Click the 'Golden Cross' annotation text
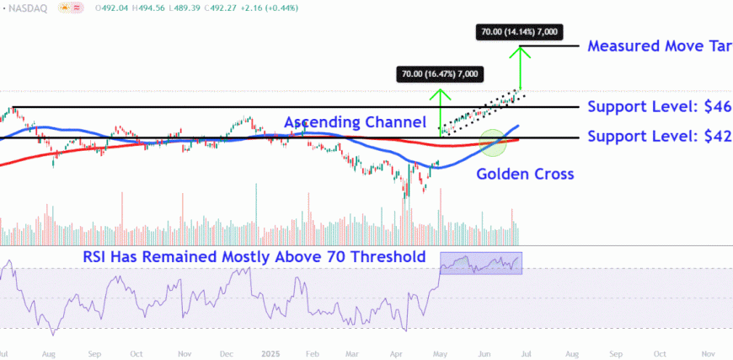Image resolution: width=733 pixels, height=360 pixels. (526, 175)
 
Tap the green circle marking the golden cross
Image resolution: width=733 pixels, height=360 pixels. (493, 142)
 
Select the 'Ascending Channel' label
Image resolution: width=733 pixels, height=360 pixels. (361, 123)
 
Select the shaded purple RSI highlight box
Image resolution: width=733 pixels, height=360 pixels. (481, 263)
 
